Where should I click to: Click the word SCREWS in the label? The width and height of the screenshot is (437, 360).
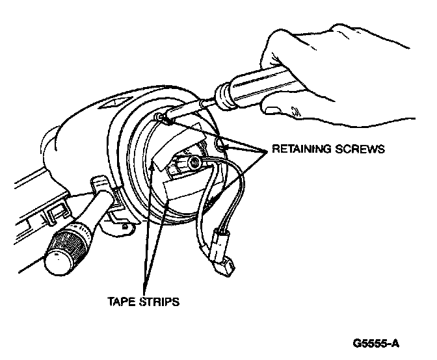tap(360, 149)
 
